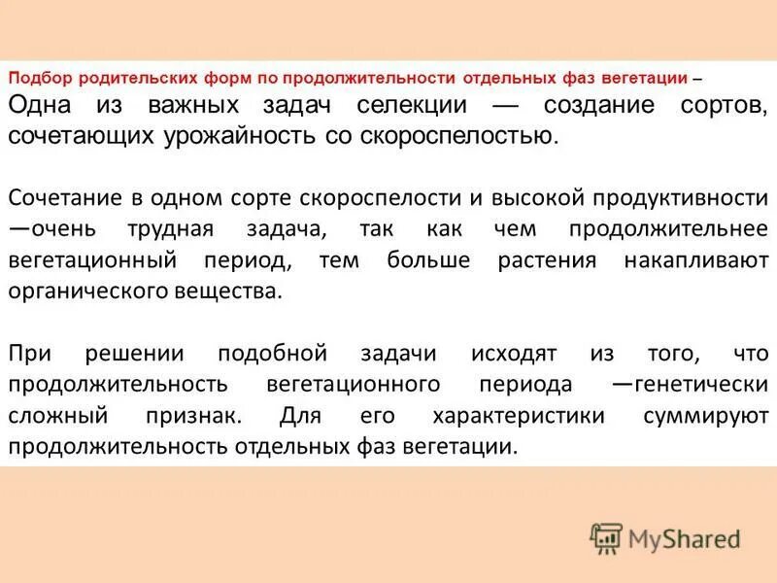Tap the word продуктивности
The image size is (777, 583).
click(681, 198)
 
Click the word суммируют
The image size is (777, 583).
click(705, 416)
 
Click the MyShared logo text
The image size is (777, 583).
click(683, 537)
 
